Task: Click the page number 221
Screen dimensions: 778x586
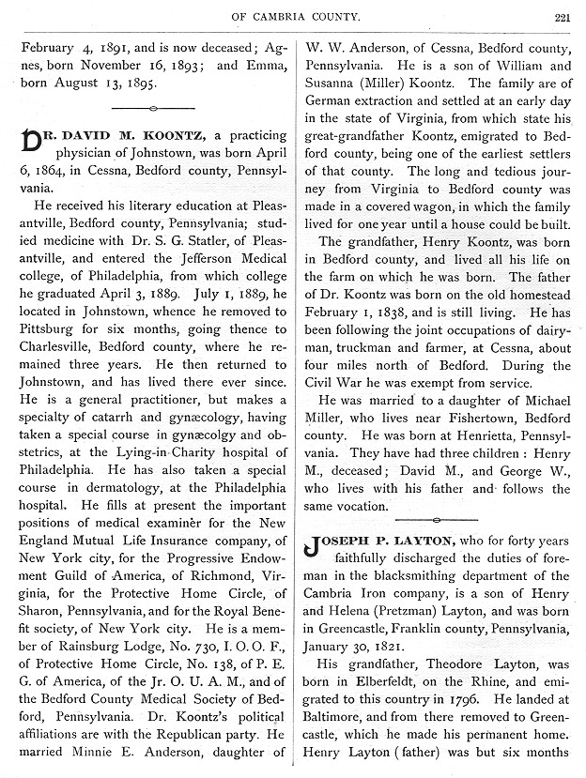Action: [x=562, y=15]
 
